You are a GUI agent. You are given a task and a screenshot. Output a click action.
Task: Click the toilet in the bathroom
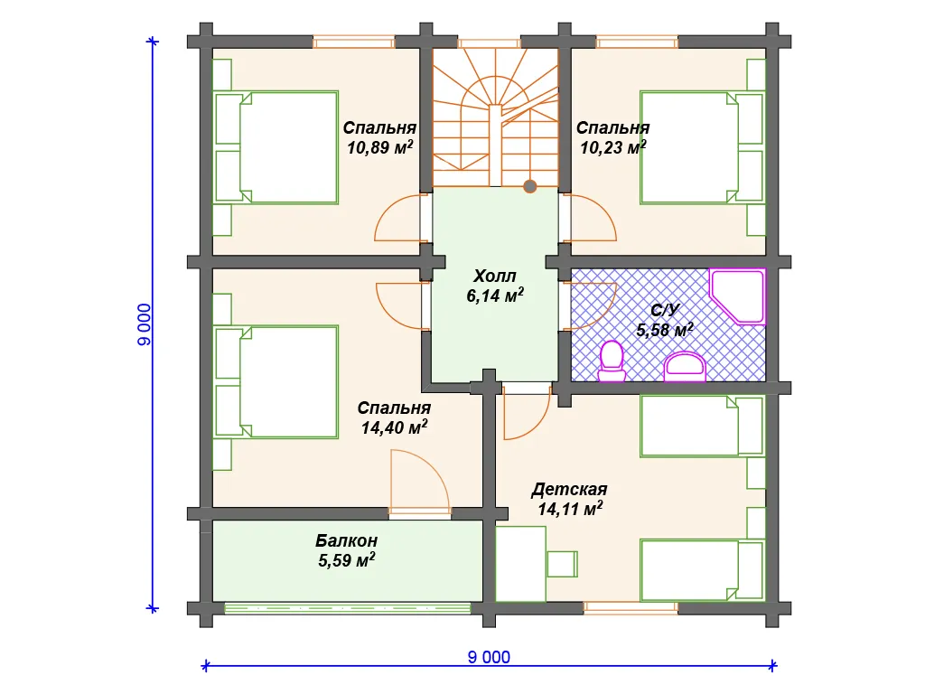coord(612,361)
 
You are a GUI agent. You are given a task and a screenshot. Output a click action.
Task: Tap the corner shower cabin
coord(737,296)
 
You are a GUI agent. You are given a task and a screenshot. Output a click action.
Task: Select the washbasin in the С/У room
coord(685,367)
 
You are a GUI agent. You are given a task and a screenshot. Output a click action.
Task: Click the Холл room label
coord(495,276)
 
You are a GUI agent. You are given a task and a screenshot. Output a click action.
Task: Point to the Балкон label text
coord(346,540)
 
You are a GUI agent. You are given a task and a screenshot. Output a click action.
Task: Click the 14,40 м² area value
coord(394,427)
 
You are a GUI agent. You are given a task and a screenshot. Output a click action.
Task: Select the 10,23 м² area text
coord(613,147)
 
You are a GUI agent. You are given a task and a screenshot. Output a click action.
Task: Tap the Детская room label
coord(569,489)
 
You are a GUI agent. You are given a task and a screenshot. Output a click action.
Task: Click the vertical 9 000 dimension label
coord(144,324)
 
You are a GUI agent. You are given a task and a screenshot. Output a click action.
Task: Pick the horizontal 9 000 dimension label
coord(489,657)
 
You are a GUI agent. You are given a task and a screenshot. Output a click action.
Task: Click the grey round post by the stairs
coord(529,186)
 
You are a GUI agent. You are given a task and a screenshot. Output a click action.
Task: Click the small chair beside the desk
coord(562,564)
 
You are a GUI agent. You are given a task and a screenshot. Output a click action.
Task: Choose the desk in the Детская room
coord(521,564)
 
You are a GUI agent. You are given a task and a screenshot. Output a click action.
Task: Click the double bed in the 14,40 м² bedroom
coord(276,382)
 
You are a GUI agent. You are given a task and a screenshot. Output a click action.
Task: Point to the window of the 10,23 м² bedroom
coord(637,42)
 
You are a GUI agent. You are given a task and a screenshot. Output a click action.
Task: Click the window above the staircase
coord(489,42)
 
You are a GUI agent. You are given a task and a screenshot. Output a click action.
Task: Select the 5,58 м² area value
coord(665,329)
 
